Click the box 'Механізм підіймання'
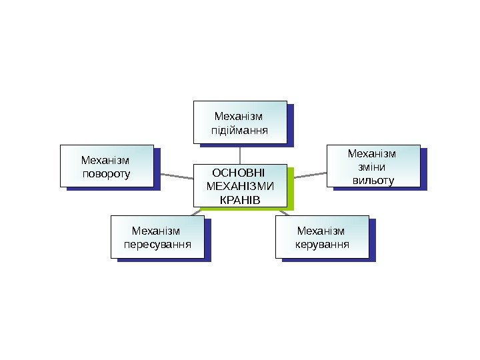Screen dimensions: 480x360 coord(240,122)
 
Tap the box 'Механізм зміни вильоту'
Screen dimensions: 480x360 coord(373,166)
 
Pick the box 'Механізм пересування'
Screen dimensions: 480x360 coord(157,236)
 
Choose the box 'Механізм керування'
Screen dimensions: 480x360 coord(322,236)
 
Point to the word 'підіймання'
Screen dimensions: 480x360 coord(240,129)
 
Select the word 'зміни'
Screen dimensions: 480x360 coord(372,167)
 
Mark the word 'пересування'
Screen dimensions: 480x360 coord(157,243)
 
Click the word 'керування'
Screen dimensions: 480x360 coord(322,243)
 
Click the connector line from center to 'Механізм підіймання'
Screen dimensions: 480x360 coord(240,153)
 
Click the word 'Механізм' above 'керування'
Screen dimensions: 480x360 coord(322,231)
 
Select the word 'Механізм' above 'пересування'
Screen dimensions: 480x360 coord(157,231)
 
